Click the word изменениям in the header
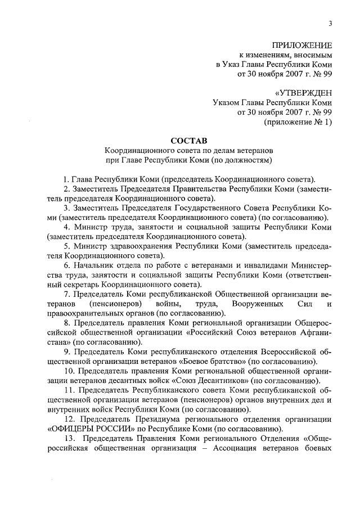tap(265, 55)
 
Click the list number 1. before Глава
tap(66, 178)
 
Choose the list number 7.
tap(66, 295)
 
